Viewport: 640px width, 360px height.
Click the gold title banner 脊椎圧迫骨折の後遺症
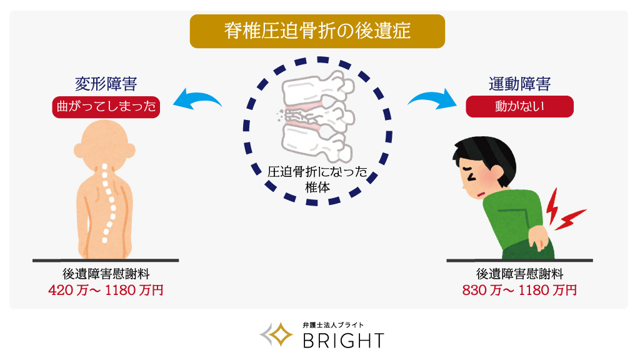(x=317, y=31)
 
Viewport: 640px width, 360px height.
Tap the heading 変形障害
(x=106, y=84)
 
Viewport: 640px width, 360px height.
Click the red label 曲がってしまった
(x=106, y=107)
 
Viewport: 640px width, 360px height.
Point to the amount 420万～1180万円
(x=106, y=291)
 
